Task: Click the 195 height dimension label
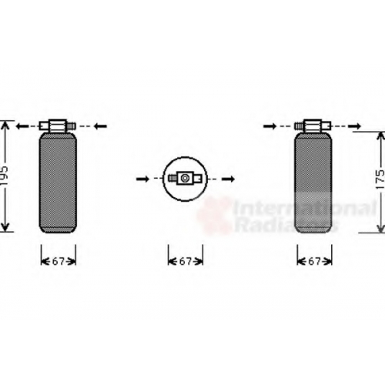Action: point(5,176)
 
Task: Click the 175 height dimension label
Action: point(380,179)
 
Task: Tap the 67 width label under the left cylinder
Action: point(58,262)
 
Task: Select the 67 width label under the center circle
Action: point(186,262)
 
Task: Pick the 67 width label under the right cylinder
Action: point(314,262)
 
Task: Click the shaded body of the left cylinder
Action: point(58,182)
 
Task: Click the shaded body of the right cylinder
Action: point(313,182)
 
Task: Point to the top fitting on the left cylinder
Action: point(58,126)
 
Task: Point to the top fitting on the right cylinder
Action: point(313,126)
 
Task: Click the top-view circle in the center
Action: point(163,179)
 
